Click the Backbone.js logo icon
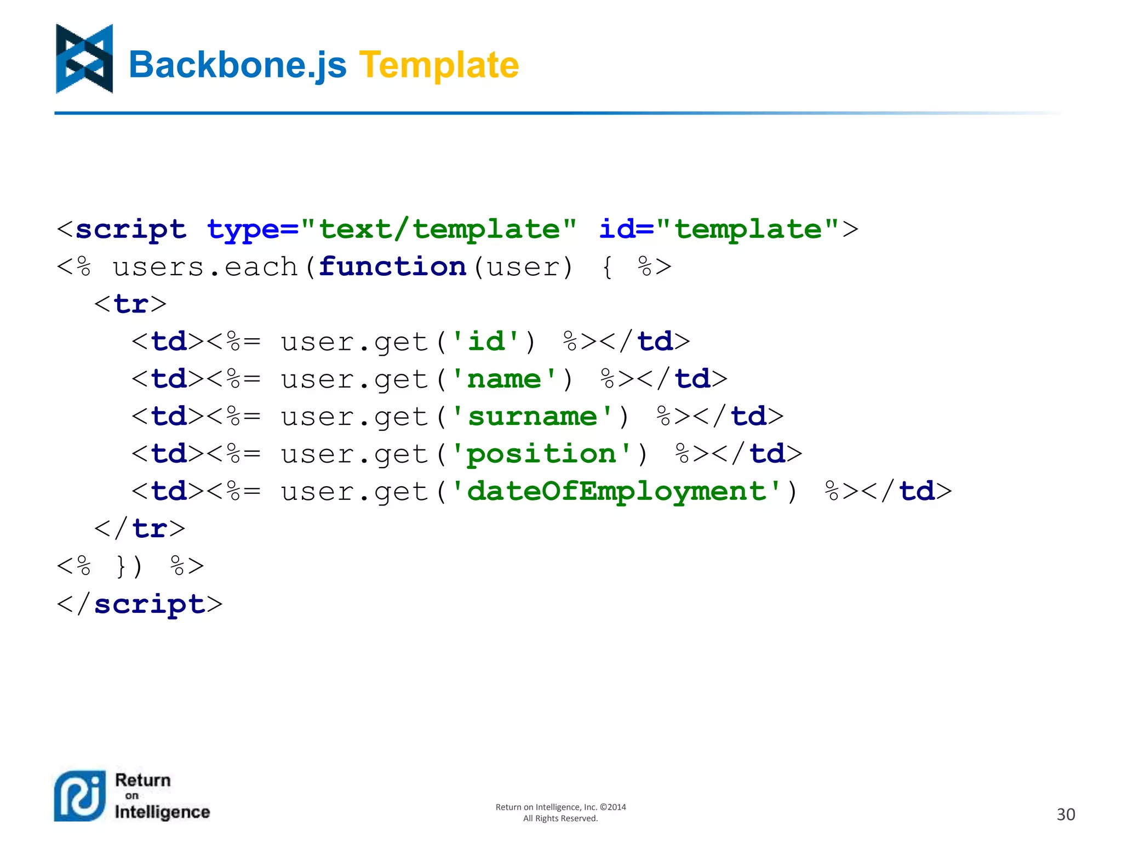click(x=84, y=59)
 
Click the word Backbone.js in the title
click(x=237, y=65)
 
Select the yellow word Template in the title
click(x=439, y=65)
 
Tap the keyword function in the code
click(x=392, y=267)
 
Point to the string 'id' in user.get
click(x=486, y=342)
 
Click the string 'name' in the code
click(x=504, y=379)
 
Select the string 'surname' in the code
click(x=532, y=417)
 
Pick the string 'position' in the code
click(x=541, y=454)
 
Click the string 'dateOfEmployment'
click(x=616, y=491)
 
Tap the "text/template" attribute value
click(x=439, y=229)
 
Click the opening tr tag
click(x=130, y=304)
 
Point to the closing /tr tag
click(x=140, y=529)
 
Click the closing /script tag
click(x=140, y=604)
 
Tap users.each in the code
click(x=205, y=267)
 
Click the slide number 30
click(x=1066, y=814)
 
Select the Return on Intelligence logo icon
click(x=80, y=795)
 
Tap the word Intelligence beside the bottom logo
click(x=162, y=812)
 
